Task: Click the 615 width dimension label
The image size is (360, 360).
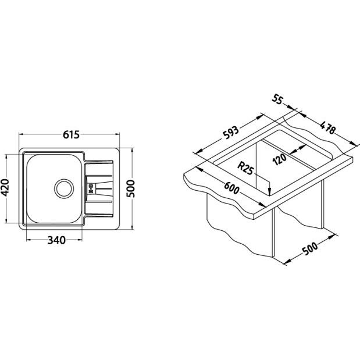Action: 71,135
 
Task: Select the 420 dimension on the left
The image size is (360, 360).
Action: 5,188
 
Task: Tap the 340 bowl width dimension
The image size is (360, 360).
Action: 56,240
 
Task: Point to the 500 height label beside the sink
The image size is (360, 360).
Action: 131,189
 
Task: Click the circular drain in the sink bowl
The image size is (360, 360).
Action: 64,188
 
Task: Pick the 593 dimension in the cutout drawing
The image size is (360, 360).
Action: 231,132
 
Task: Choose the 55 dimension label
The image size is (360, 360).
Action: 277,99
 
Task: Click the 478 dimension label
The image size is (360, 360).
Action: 328,127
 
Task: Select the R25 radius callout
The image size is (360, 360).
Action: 245,168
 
